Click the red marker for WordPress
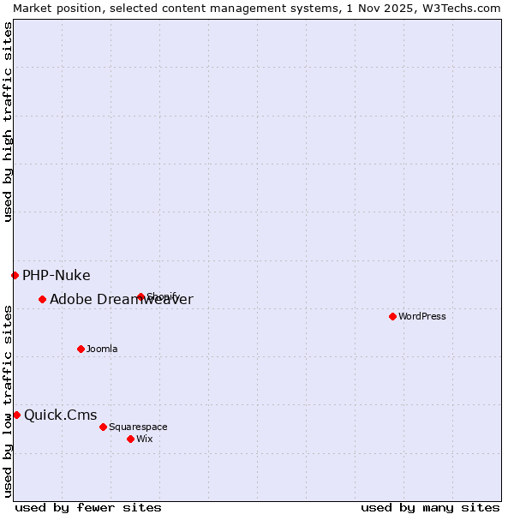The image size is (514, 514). point(392,316)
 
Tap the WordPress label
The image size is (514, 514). point(422,316)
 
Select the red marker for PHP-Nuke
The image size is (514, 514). point(15,275)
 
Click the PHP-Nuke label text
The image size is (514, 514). point(57,275)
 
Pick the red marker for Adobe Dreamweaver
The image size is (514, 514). point(42,299)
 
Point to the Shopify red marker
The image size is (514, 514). point(140,297)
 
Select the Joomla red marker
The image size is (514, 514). point(81,349)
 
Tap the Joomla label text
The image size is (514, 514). point(102,349)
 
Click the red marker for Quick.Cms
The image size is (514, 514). point(16,415)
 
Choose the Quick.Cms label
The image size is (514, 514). point(61,415)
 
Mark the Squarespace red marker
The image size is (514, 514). point(103,427)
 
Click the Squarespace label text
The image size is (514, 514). point(138,427)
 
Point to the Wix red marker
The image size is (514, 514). point(130,439)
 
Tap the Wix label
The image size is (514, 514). point(145,439)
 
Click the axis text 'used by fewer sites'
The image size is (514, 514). point(88,507)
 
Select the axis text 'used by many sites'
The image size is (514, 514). point(430,507)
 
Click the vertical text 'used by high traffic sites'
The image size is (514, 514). point(8,122)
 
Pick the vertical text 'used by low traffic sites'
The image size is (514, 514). point(8,401)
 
